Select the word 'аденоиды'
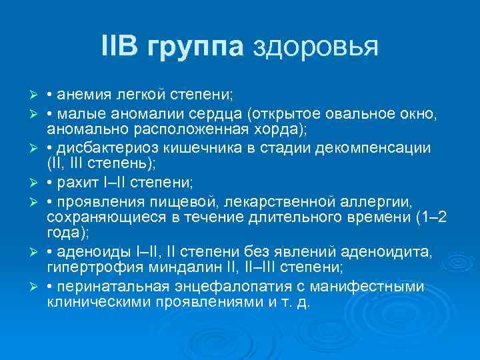click(90, 251)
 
